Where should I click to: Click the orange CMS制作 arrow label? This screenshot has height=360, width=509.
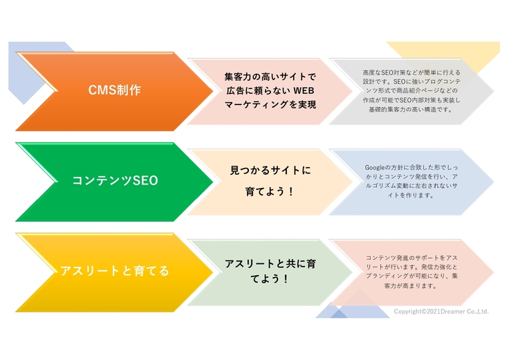tap(115, 91)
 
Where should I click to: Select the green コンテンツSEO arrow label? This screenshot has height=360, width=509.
tap(115, 181)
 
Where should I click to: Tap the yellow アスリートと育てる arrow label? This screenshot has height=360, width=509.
tap(115, 271)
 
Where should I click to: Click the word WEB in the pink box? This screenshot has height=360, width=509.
tap(304, 91)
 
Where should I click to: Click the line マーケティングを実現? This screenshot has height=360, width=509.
tap(270, 105)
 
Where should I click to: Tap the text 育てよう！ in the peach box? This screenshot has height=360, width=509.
tap(270, 191)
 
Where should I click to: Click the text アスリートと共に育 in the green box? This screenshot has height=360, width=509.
tap(270, 264)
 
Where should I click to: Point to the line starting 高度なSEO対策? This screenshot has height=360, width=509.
tap(411, 72)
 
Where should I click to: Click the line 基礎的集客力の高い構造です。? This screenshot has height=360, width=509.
tap(411, 109)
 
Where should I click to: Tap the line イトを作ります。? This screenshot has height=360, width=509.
tap(411, 196)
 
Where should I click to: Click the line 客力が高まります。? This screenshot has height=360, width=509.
tap(411, 285)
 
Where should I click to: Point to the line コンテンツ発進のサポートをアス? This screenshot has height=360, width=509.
tap(411, 257)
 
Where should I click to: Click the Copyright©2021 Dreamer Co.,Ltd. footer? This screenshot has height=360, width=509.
tap(441, 312)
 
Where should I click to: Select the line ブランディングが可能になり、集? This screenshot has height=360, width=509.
tap(411, 276)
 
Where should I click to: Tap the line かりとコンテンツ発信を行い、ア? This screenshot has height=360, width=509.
tap(411, 177)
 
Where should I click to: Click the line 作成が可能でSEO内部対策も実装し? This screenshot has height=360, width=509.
tap(411, 100)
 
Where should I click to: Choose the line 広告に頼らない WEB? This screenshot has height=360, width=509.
tap(270, 91)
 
